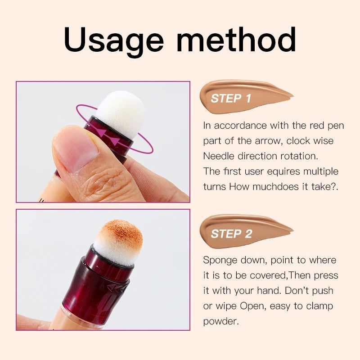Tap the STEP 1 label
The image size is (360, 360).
[231, 98]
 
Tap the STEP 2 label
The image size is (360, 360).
[231, 234]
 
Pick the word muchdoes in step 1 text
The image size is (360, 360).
[274, 186]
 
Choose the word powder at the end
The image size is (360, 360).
[220, 321]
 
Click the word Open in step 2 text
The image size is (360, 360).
[252, 306]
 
